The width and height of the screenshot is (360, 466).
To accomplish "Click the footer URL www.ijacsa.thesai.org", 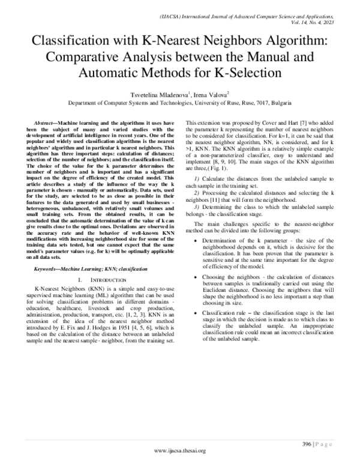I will [x=180, y=450].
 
